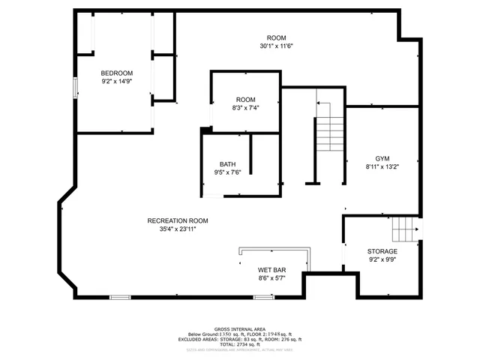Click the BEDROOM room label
click(x=116, y=73)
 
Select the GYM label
click(x=382, y=158)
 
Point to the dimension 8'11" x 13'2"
click(x=382, y=166)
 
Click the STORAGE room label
click(x=382, y=251)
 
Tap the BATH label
click(x=227, y=164)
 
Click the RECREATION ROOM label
click(x=178, y=220)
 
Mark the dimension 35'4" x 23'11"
click(x=178, y=229)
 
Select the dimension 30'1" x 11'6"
click(x=276, y=46)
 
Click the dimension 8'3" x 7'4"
click(x=245, y=108)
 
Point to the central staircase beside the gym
click(x=328, y=135)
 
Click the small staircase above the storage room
click(x=406, y=226)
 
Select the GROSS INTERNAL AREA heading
click(x=239, y=329)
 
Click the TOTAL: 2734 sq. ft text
click(x=239, y=344)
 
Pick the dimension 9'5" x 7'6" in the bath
click(x=227, y=172)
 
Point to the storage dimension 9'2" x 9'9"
click(x=382, y=260)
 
